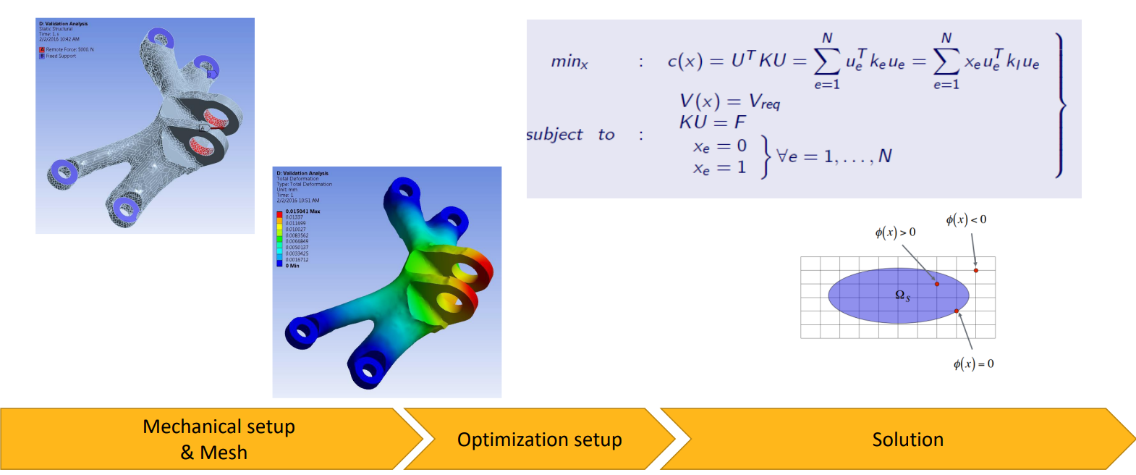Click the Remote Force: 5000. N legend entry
pyautogui.click(x=69, y=49)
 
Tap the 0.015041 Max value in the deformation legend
pyautogui.click(x=302, y=211)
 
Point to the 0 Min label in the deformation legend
pyautogui.click(x=292, y=266)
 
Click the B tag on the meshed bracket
pyautogui.click(x=210, y=74)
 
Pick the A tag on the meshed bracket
pyautogui.click(x=203, y=128)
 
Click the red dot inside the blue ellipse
pyautogui.click(x=937, y=284)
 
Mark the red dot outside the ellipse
pyautogui.click(x=976, y=270)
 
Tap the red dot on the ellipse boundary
pyautogui.click(x=957, y=311)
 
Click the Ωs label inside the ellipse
pyautogui.click(x=902, y=295)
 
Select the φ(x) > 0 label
pyautogui.click(x=895, y=232)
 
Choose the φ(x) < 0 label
pyautogui.click(x=966, y=219)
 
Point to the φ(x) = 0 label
pyautogui.click(x=973, y=363)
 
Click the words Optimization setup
pyautogui.click(x=539, y=440)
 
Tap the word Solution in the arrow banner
pyautogui.click(x=907, y=440)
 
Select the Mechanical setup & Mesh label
pyautogui.click(x=219, y=440)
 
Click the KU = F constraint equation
pyautogui.click(x=712, y=122)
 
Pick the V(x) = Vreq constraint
pyautogui.click(x=729, y=101)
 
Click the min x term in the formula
pyautogui.click(x=569, y=62)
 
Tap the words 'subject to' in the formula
pyautogui.click(x=570, y=135)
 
